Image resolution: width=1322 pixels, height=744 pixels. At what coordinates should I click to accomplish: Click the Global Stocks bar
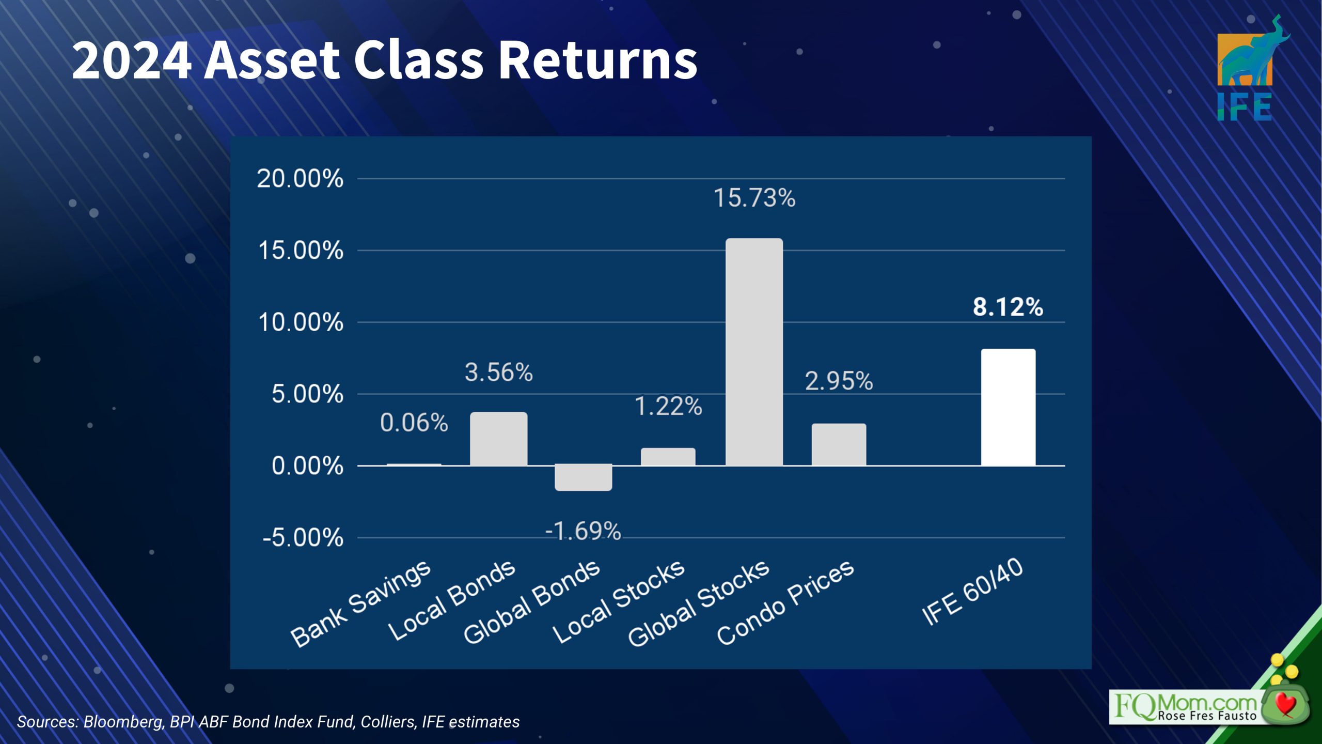click(x=754, y=352)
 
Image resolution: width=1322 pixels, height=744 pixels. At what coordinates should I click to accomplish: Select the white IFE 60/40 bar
click(x=1008, y=407)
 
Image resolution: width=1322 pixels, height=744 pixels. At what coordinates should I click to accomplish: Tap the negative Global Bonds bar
click(x=584, y=477)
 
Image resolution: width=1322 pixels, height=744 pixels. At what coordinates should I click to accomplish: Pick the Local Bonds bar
click(x=499, y=439)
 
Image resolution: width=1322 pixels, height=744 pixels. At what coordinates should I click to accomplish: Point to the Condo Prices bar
click(x=839, y=445)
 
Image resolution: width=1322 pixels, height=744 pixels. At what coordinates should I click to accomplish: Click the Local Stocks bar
click(x=668, y=457)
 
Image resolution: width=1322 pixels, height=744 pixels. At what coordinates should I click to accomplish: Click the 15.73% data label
click(x=754, y=198)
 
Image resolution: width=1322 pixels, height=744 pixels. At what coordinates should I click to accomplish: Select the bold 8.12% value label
click(x=1008, y=307)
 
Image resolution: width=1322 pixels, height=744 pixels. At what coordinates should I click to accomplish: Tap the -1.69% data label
click(x=583, y=531)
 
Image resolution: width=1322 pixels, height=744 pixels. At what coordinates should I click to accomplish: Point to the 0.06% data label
click(x=414, y=423)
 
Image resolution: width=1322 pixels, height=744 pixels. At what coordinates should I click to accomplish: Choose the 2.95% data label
click(x=839, y=381)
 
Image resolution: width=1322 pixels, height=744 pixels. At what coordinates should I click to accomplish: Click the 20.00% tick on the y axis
click(x=300, y=179)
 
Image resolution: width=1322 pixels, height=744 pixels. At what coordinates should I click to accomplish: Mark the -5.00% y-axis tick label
click(x=303, y=538)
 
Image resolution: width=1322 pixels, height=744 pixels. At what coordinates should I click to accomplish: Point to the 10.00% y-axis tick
click(x=301, y=322)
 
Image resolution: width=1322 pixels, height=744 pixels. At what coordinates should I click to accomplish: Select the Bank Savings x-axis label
click(x=360, y=603)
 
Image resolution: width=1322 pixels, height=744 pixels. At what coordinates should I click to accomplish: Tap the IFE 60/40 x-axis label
click(x=972, y=592)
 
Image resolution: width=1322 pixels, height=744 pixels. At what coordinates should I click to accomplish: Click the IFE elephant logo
click(x=1251, y=68)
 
